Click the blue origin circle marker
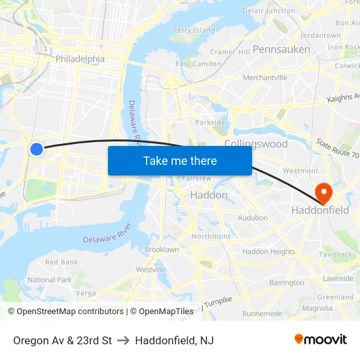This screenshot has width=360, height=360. pyautogui.click(x=37, y=149)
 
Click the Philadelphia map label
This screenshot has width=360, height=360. pyautogui.click(x=80, y=59)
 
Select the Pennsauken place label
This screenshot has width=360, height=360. pyautogui.click(x=281, y=49)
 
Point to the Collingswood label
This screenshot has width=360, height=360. pyautogui.click(x=255, y=143)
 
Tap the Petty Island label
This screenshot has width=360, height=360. pyautogui.click(x=194, y=30)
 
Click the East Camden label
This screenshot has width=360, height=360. pyautogui.click(x=198, y=63)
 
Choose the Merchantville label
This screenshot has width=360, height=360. pyautogui.click(x=264, y=77)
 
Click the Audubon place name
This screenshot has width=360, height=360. pyautogui.click(x=252, y=217)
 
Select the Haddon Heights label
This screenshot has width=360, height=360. pyautogui.click(x=268, y=251)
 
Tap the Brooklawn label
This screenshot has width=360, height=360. pyautogui.click(x=161, y=249)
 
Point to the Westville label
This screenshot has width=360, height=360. pyautogui.click(x=151, y=269)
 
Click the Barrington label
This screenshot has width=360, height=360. pyautogui.click(x=286, y=283)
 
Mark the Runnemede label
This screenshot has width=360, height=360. pyautogui.click(x=262, y=314)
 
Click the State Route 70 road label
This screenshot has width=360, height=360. pyautogui.click(x=337, y=148)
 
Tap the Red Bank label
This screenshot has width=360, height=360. pyautogui.click(x=62, y=262)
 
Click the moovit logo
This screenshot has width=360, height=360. pyautogui.click(x=320, y=339)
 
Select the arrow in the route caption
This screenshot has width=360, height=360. pyautogui.click(x=124, y=340)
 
